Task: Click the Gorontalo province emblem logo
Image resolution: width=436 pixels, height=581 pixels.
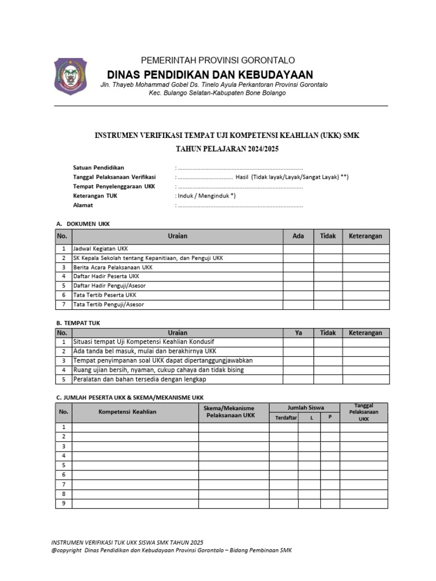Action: coord(72,76)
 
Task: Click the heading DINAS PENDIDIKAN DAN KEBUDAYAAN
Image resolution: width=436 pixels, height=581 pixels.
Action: coord(210,74)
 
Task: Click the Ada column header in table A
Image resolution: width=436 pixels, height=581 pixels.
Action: coord(298,236)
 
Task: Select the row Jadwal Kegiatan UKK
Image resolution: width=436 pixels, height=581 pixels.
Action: coord(100,249)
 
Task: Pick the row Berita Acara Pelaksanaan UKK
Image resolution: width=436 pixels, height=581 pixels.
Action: coord(113,267)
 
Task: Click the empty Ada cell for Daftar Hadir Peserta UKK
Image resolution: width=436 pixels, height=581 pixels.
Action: coord(298,276)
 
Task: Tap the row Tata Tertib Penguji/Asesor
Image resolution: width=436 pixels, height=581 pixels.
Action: coord(108,305)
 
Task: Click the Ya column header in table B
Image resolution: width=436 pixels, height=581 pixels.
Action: coord(298,333)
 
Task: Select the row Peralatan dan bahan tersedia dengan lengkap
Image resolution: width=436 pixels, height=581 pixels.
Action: coord(140,379)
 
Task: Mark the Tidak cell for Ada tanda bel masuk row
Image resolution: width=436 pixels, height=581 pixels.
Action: coord(328,351)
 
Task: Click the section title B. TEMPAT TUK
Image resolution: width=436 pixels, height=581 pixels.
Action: coord(79,323)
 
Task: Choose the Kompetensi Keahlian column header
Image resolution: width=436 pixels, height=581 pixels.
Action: coord(128,411)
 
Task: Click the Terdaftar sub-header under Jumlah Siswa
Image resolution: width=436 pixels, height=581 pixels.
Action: coord(286,418)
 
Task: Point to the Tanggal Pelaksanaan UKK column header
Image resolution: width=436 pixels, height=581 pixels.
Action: coord(363,411)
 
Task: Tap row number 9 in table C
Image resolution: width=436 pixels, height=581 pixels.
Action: coord(64,503)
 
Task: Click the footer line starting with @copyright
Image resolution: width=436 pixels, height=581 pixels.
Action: coord(171,551)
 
